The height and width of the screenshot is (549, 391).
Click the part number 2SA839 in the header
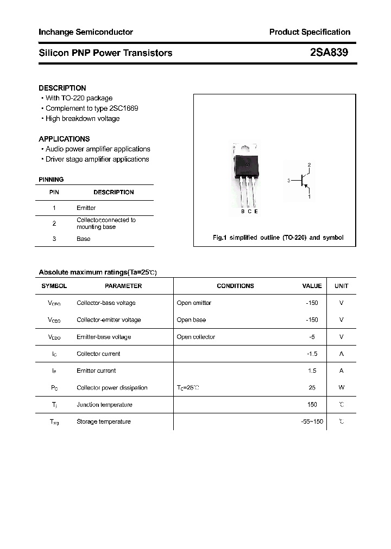(329, 53)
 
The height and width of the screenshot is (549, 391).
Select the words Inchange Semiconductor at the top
(86, 32)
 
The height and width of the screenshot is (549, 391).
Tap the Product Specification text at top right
(310, 32)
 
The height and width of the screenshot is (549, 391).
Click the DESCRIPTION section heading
(62, 88)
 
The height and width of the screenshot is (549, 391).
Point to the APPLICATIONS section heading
(64, 139)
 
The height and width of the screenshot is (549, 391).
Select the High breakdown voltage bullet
(82, 118)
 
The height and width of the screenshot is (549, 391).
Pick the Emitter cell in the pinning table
(86, 208)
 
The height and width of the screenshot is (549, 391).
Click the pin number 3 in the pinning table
(54, 239)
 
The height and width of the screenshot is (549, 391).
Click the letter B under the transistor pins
(243, 212)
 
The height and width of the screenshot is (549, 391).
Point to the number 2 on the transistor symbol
(309, 164)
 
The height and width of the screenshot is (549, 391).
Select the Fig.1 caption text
(277, 238)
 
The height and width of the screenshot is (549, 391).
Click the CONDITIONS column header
(235, 286)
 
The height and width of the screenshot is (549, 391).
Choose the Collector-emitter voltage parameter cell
(109, 320)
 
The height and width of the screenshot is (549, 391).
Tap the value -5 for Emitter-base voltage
(312, 337)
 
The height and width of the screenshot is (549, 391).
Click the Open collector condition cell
(195, 337)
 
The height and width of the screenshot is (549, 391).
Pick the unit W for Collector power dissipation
(341, 387)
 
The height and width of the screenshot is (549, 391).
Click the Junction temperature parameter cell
(104, 405)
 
